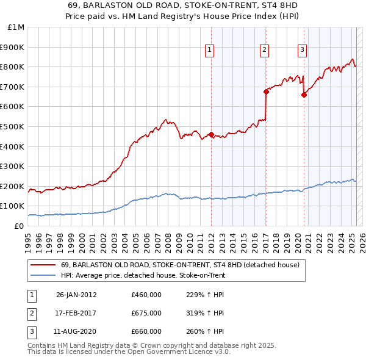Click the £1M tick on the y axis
(16, 27)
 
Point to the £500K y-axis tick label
(13, 126)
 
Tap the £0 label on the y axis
(20, 226)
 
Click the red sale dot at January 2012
(211, 135)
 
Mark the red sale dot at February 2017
(266, 92)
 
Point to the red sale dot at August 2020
(304, 95)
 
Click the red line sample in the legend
(43, 265)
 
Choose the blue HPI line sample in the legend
(43, 275)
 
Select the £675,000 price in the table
(146, 313)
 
